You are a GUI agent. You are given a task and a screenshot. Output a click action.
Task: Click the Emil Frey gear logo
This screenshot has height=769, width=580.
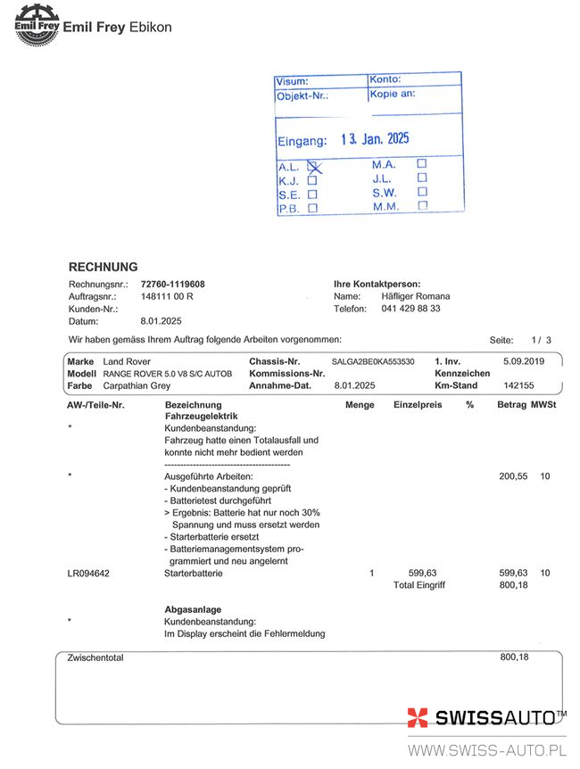pos(35,25)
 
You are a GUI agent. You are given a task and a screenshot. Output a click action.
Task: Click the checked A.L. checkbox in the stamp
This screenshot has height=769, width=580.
pos(313,166)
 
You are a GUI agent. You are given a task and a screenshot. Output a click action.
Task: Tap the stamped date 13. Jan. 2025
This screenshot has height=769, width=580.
pos(375,140)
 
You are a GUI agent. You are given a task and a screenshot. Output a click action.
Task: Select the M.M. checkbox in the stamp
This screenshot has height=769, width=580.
pos(422,206)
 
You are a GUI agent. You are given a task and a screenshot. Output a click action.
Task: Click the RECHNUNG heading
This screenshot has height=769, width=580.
pos(104,267)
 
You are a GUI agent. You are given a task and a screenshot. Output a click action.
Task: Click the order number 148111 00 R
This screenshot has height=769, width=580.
pos(167,296)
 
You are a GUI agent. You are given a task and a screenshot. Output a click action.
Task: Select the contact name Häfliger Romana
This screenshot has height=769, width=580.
pos(416,296)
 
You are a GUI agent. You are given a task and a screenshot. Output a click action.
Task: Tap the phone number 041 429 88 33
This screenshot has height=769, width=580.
pos(410,309)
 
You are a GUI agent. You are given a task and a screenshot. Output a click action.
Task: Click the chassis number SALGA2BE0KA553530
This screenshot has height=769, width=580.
pos(373,361)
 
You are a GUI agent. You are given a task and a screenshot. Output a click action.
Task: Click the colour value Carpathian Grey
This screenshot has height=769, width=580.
pos(137,386)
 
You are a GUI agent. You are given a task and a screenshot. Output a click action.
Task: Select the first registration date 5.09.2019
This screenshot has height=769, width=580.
pos(523,361)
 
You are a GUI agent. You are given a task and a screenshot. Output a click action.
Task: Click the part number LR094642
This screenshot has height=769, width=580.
pos(89,573)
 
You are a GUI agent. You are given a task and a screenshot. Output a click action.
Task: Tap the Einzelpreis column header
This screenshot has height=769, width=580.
pos(418,405)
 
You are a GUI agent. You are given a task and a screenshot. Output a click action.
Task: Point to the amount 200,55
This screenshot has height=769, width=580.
pos(513,476)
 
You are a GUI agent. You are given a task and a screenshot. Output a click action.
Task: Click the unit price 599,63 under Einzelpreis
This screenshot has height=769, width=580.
pos(423,573)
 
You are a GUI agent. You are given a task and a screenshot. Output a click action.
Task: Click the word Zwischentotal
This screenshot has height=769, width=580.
pos(95,657)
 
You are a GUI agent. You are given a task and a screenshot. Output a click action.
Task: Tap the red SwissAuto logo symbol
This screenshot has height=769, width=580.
pos(418,718)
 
